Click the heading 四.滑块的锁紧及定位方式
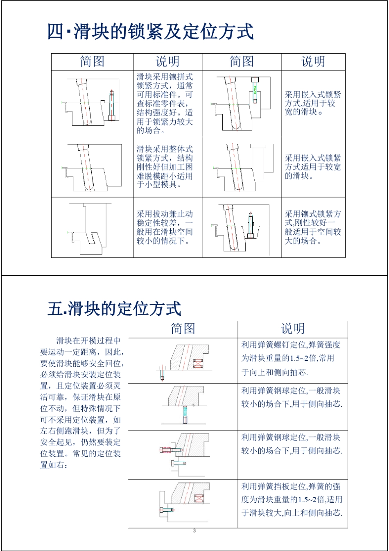coord(150,32)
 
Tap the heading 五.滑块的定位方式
coord(114,309)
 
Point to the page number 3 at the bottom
coord(194,531)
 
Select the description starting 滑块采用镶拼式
coord(165,104)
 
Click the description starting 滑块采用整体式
coord(165,167)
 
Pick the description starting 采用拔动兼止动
coord(165,227)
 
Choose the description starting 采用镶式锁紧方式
coord(313,227)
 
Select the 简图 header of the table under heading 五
coord(183,329)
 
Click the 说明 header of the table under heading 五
coord(292,329)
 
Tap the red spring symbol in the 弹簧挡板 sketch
coord(199,499)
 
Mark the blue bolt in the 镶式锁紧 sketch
coord(250,225)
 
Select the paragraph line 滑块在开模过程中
coord(88,341)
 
